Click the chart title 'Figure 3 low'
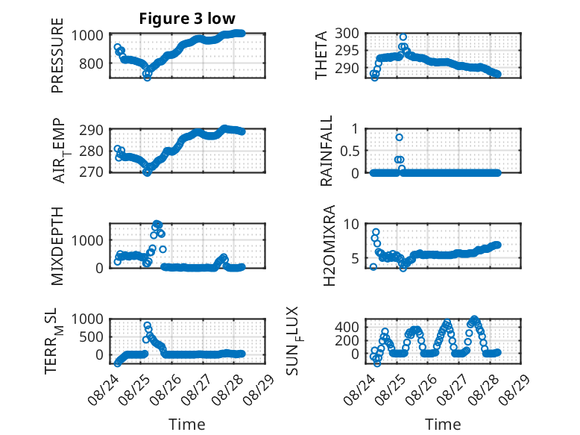(187, 19)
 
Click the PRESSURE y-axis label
(57, 55)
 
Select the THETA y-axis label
(321, 55)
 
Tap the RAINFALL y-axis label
(327, 151)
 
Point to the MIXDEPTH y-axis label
(57, 246)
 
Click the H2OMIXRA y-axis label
(329, 245)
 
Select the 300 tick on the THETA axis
(347, 34)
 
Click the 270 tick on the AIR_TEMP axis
(91, 172)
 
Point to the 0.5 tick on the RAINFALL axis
(349, 151)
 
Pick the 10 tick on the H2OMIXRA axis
(351, 224)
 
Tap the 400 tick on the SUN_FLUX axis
(347, 327)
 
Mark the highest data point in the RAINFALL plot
(399, 137)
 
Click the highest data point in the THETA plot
(403, 37)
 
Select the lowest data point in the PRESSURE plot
(147, 78)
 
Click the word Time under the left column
(187, 425)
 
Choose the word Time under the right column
(443, 425)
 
